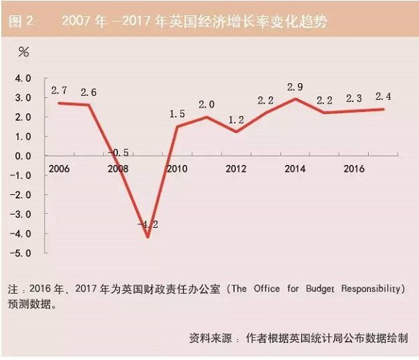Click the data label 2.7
[x=59, y=91]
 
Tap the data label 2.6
[x=89, y=92]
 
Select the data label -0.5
[x=119, y=152]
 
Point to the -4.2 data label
[x=148, y=224]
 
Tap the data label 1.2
[x=237, y=120]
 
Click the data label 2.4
[x=383, y=96]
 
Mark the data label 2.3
[x=354, y=99]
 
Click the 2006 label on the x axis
[x=59, y=169]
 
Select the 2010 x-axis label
[x=177, y=169]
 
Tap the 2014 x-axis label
[x=295, y=169]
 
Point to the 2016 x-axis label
[x=354, y=169]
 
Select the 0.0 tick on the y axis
[x=24, y=156]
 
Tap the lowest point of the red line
[x=148, y=237]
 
